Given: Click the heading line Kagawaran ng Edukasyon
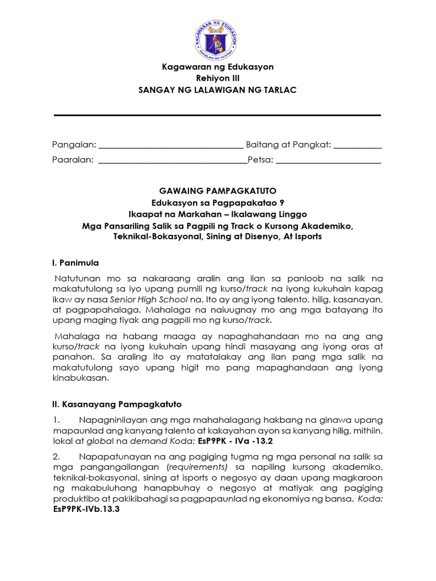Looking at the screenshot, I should (x=218, y=67).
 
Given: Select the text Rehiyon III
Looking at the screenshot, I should (x=218, y=79).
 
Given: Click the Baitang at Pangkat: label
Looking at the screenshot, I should (x=288, y=145).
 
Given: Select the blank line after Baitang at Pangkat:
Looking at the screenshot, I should (x=358, y=147).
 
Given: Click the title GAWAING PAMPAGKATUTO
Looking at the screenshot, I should (x=218, y=191).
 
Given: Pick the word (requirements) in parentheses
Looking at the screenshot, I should (x=204, y=466).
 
